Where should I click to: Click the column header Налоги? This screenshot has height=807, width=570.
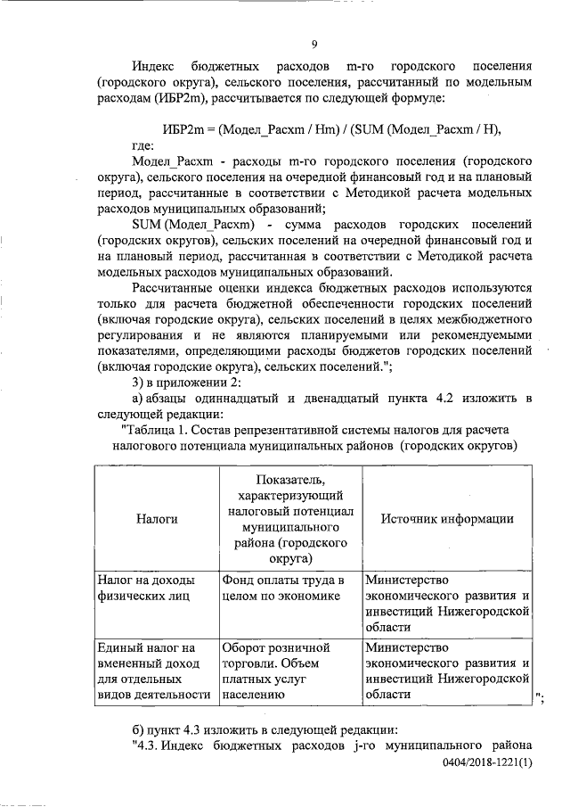156,519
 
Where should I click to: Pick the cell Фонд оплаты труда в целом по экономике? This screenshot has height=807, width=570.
282,589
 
